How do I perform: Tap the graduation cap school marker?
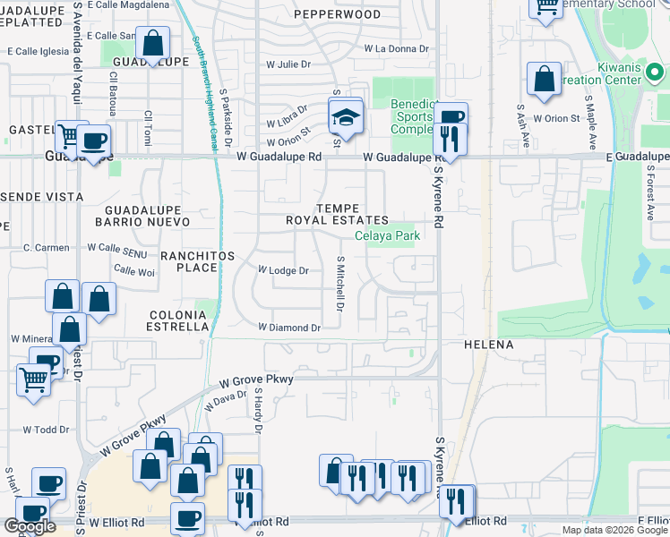tap(344, 116)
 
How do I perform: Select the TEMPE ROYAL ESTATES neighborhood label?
tap(337, 213)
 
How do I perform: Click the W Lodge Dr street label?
tap(283, 270)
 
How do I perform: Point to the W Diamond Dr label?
tap(289, 328)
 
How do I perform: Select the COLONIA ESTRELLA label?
tap(179, 321)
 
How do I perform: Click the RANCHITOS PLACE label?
tap(197, 261)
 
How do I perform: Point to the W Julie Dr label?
tap(288, 64)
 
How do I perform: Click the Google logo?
tap(30, 526)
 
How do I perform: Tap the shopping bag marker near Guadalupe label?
tap(153, 44)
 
